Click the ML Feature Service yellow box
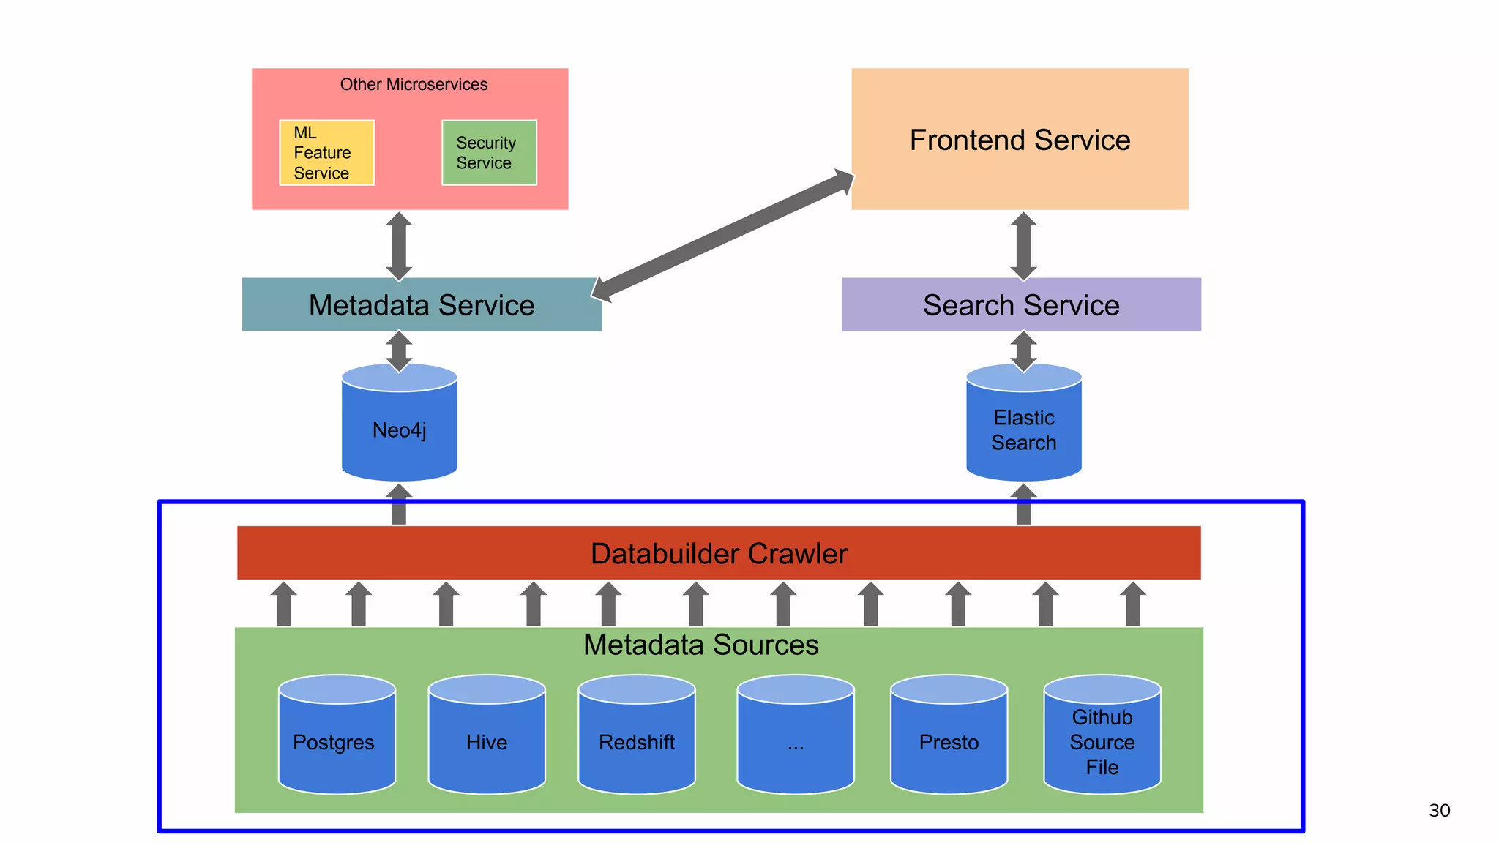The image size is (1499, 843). (326, 152)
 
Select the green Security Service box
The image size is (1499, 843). (489, 152)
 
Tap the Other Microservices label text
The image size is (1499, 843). (414, 84)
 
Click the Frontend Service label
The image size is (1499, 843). (1020, 140)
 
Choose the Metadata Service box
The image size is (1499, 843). (422, 304)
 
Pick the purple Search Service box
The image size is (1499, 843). (1021, 304)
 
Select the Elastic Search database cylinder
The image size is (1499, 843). (1023, 430)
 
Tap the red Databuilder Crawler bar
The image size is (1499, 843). (719, 553)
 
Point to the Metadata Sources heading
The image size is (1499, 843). (700, 645)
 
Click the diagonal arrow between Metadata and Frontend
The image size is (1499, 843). (723, 236)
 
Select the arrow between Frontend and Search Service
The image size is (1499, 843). (1023, 246)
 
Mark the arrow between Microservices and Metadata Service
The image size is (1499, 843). (399, 246)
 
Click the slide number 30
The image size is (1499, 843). (1439, 810)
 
